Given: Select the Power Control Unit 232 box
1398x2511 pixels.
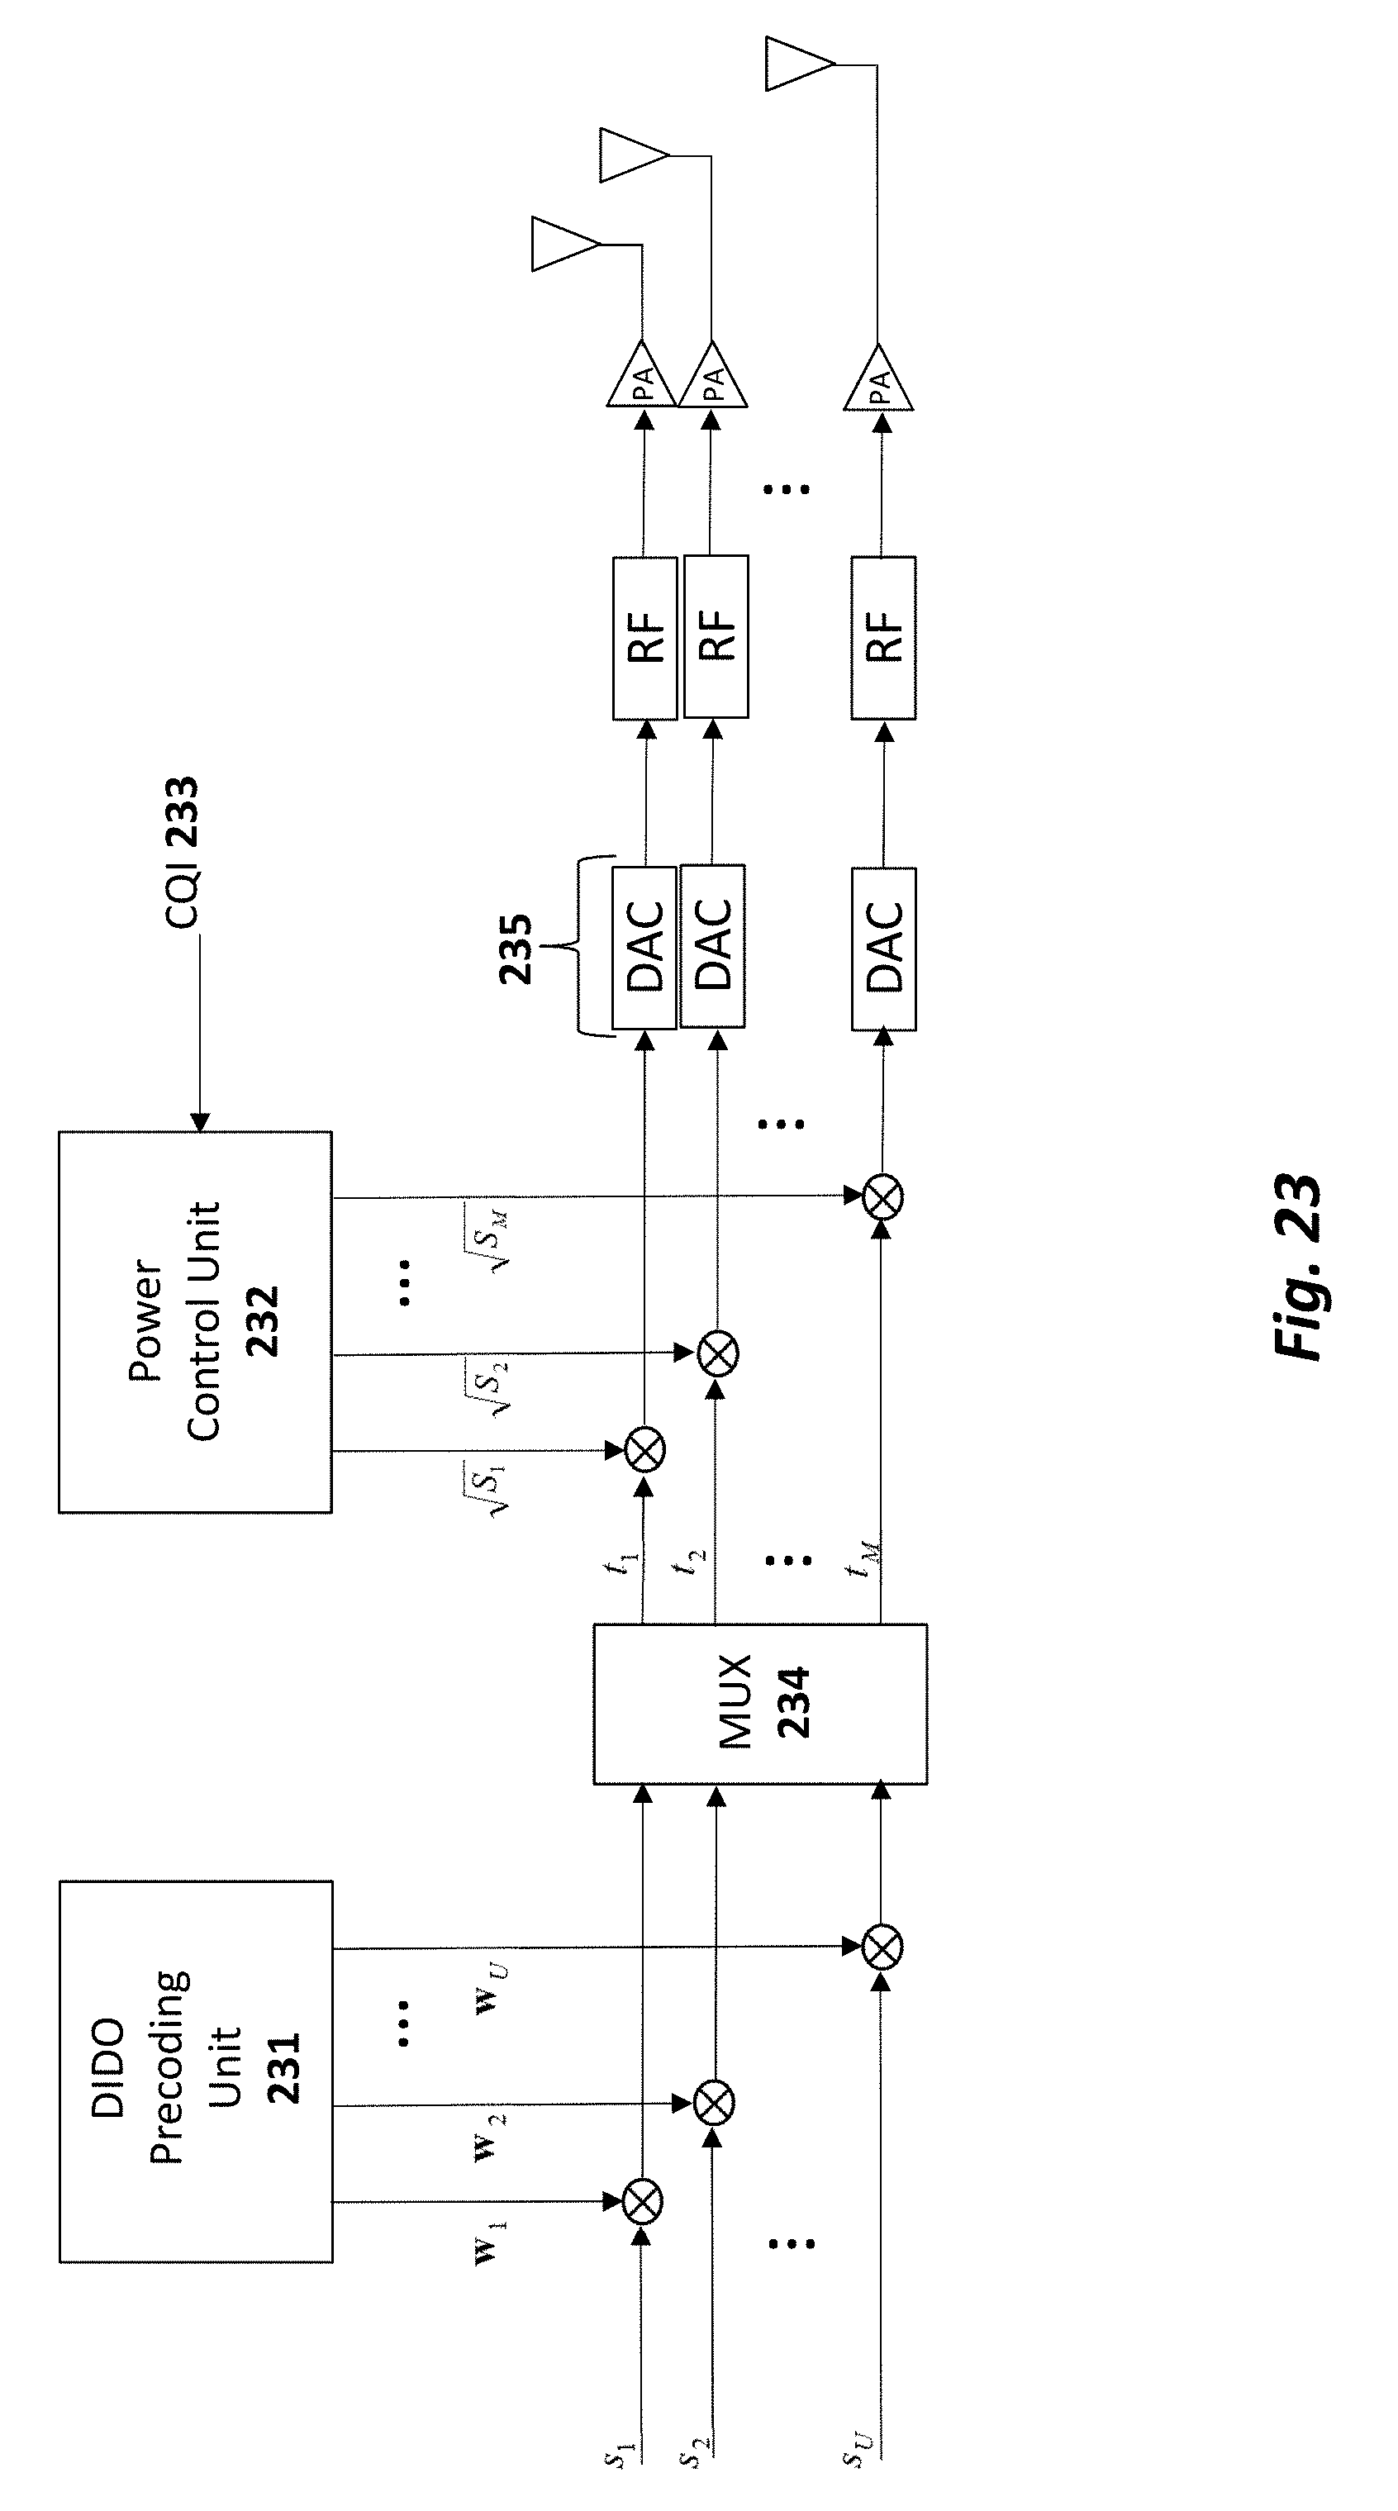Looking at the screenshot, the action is click(x=195, y=1322).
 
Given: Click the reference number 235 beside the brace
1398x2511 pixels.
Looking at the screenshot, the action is click(x=516, y=949).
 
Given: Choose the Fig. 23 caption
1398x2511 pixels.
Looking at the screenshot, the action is click(x=1296, y=1265).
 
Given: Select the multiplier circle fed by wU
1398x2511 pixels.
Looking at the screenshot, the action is click(x=882, y=1947).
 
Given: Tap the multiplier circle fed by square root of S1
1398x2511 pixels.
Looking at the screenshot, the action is click(x=644, y=1450).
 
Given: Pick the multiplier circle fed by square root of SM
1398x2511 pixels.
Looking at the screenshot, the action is click(x=883, y=1197).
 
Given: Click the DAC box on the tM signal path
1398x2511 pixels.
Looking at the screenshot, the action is click(x=883, y=949).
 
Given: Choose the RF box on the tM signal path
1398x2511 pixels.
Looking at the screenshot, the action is click(x=883, y=638).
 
